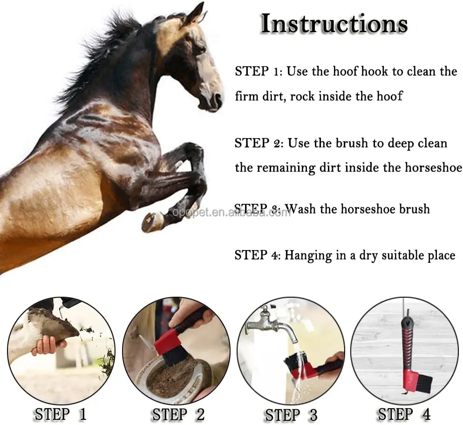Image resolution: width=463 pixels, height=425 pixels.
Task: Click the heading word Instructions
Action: [x=334, y=24]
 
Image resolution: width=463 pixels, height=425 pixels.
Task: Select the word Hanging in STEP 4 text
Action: [x=306, y=255]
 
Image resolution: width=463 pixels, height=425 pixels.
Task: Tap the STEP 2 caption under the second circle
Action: [x=178, y=414]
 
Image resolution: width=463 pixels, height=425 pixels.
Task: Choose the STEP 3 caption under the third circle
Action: [x=291, y=414]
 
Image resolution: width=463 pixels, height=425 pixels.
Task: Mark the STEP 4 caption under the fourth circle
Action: [x=404, y=413]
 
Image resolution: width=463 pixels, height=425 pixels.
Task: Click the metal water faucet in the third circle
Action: [x=272, y=325]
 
